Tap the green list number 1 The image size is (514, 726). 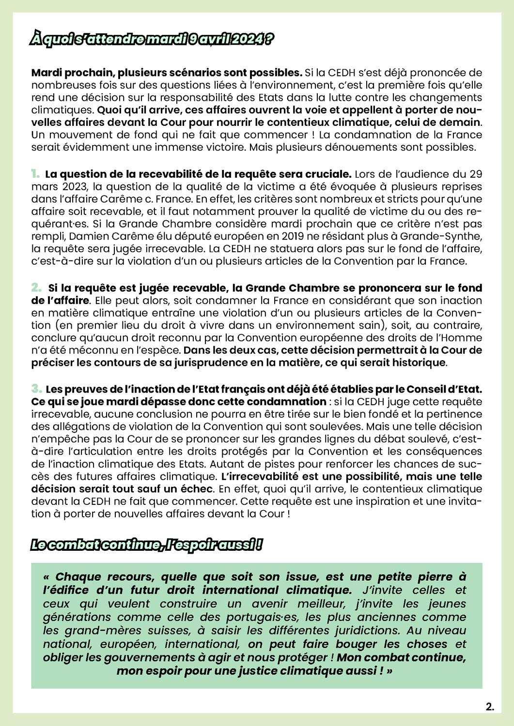point(35,173)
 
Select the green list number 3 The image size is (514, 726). point(36,389)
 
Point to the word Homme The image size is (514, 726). point(465,337)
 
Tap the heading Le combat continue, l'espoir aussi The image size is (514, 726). point(146,545)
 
